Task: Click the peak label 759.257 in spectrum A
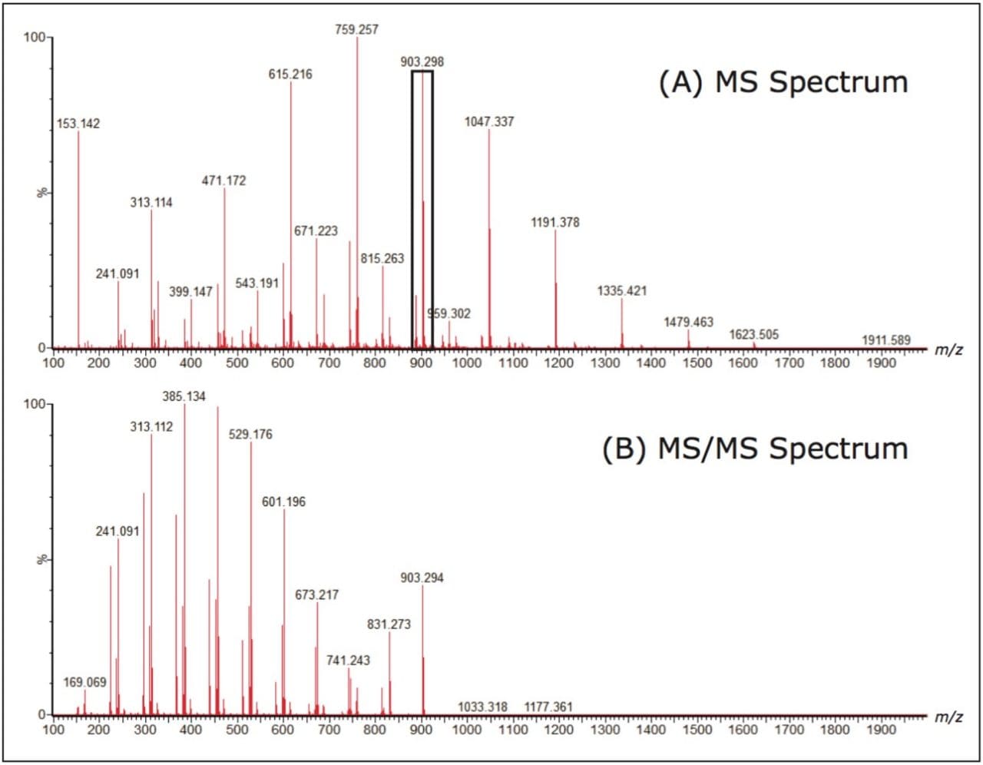(x=356, y=29)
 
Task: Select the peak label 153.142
(x=78, y=124)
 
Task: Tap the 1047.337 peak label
(x=489, y=121)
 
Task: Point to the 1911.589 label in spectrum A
(x=885, y=339)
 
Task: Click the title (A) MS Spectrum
(x=783, y=82)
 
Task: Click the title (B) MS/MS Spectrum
(x=754, y=449)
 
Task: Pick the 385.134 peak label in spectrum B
(x=184, y=396)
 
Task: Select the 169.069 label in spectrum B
(x=84, y=682)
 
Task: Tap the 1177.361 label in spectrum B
(x=548, y=707)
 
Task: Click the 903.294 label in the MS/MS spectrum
(x=422, y=578)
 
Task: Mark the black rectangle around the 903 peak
(x=412, y=207)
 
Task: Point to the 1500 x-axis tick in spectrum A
(x=697, y=363)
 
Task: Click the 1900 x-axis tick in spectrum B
(x=881, y=729)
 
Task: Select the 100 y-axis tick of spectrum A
(x=35, y=38)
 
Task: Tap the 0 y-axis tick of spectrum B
(x=41, y=714)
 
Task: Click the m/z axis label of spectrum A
(x=948, y=350)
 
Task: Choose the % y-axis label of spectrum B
(x=43, y=559)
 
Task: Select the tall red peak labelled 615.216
(x=291, y=215)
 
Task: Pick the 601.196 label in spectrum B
(x=283, y=502)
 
